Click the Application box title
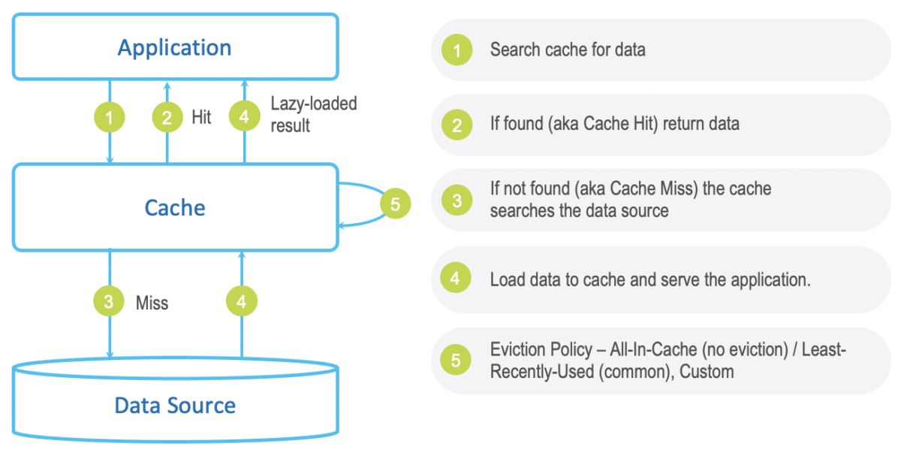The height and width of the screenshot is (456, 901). click(x=174, y=48)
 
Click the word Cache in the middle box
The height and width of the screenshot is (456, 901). click(x=174, y=207)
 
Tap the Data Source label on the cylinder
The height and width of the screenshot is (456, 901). click(x=174, y=406)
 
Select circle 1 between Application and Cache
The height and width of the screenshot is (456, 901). click(x=110, y=117)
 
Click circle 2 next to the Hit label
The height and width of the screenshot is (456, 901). click(x=167, y=117)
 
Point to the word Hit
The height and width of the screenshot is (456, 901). click(x=201, y=117)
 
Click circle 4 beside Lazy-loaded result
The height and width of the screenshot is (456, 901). click(x=243, y=117)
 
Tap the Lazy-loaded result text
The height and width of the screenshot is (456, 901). click(x=313, y=114)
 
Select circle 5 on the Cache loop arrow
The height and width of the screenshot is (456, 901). click(x=396, y=204)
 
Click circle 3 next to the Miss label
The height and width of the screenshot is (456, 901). click(x=110, y=302)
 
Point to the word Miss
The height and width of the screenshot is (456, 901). click(x=152, y=303)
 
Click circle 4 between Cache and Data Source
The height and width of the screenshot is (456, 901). click(x=241, y=302)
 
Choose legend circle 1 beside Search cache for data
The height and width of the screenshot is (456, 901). click(x=457, y=50)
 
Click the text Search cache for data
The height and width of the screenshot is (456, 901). click(x=568, y=50)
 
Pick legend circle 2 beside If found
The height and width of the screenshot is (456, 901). click(x=457, y=125)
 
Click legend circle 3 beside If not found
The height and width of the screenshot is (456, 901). click(x=457, y=200)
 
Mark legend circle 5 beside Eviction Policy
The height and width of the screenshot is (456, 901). click(x=457, y=361)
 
